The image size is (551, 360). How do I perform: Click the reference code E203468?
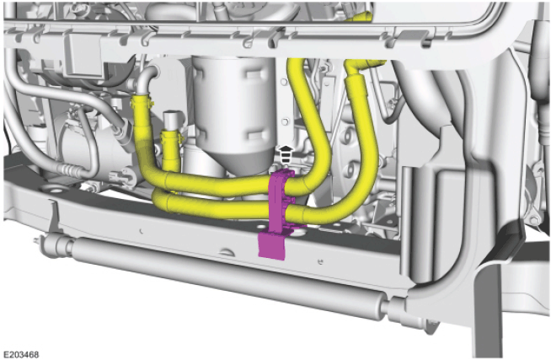(21, 354)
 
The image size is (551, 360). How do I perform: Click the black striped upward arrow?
(286, 153)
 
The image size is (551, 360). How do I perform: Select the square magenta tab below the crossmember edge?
(272, 245)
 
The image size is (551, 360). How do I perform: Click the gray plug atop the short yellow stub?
(172, 121)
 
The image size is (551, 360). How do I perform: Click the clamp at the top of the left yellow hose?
(142, 102)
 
